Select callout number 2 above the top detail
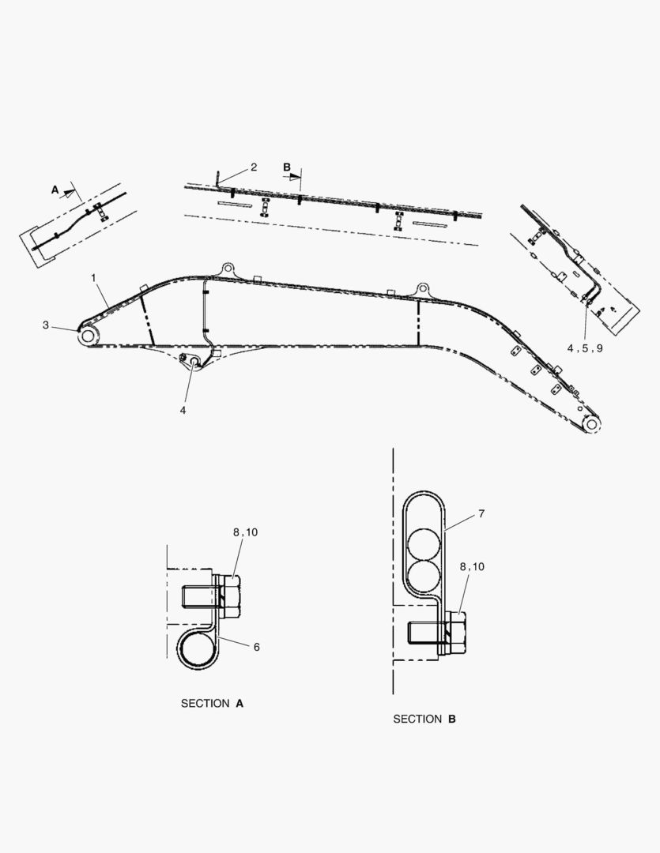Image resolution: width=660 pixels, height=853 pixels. (x=254, y=167)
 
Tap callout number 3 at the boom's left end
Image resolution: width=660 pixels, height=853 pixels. (x=46, y=325)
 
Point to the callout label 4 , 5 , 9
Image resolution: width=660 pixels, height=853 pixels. (x=585, y=348)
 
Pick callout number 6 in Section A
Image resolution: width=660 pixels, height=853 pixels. (x=256, y=647)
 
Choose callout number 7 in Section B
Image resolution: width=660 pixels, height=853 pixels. (x=481, y=514)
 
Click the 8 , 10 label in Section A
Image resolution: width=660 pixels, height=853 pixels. (x=245, y=532)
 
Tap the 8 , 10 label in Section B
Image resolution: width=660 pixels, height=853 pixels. (x=472, y=566)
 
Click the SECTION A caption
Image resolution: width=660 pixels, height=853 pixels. (x=212, y=703)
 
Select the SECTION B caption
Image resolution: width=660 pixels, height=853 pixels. (x=424, y=719)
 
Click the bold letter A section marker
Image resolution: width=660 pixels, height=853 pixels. (x=55, y=190)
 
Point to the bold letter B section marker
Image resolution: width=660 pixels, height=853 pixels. (x=287, y=167)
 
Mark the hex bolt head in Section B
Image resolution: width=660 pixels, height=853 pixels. (x=456, y=633)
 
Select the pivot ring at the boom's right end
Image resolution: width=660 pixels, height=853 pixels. (x=592, y=424)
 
